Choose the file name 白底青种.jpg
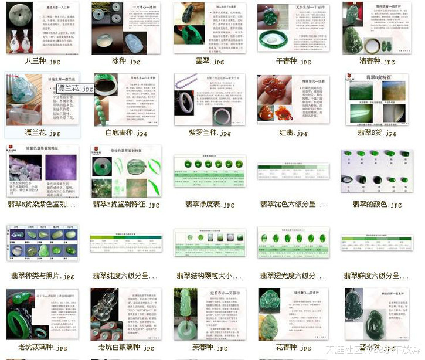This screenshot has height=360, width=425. click(127, 133)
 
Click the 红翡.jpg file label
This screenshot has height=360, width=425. click(294, 133)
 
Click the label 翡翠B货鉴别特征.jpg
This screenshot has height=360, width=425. click(127, 205)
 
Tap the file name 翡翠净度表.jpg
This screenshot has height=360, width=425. click(210, 205)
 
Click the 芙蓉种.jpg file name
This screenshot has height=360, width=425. click(210, 347)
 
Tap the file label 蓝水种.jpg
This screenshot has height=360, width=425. click(377, 347)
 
